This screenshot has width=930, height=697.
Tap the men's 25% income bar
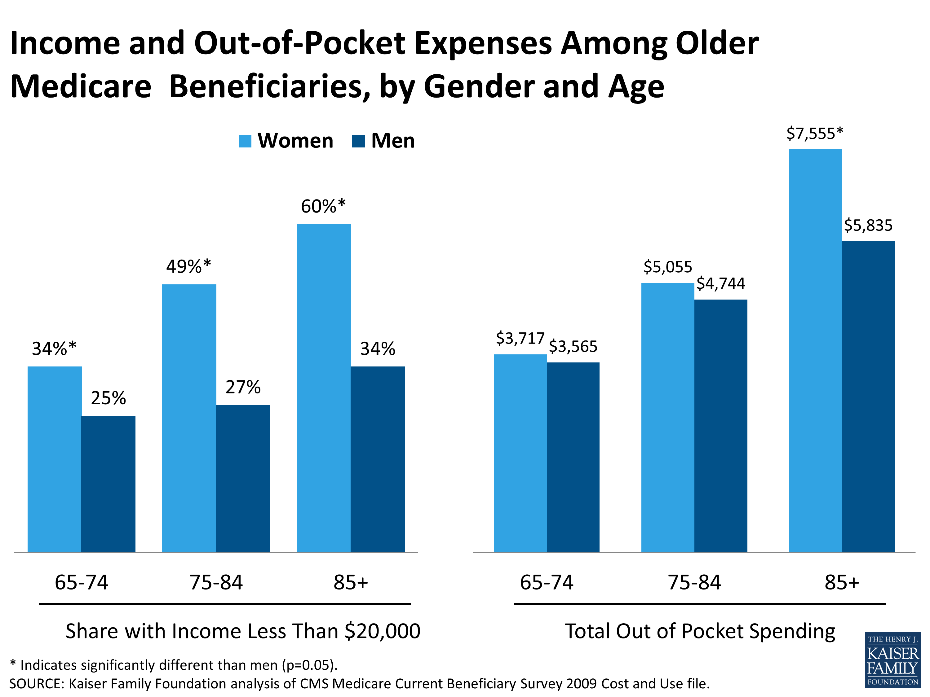[x=108, y=483]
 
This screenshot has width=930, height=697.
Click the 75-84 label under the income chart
[x=216, y=582]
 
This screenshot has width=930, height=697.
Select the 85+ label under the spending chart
[x=841, y=582]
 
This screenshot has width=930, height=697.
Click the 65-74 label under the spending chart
[x=546, y=582]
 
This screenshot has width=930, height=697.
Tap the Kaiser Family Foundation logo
[x=892, y=659]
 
